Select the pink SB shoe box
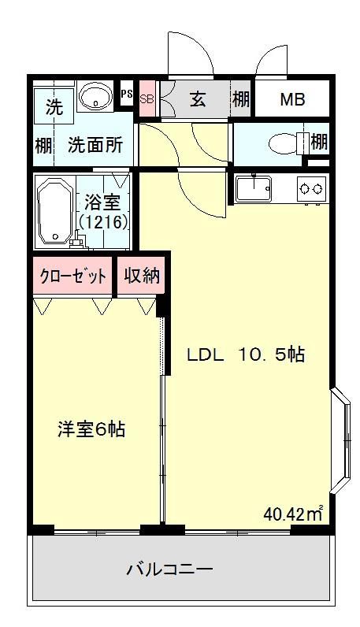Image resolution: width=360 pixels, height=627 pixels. point(146,100)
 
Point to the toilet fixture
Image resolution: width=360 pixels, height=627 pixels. point(281,143)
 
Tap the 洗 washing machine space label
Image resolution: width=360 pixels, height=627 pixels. point(54,109)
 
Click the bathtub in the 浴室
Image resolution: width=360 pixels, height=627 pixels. point(54,211)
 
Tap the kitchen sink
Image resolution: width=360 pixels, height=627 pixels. point(254,189)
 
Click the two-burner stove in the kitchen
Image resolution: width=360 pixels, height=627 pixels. point(308,188)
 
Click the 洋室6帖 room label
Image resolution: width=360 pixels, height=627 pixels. point(91,430)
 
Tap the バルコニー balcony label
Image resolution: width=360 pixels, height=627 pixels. point(170,569)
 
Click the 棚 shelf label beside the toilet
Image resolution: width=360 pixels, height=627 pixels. point(318,143)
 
